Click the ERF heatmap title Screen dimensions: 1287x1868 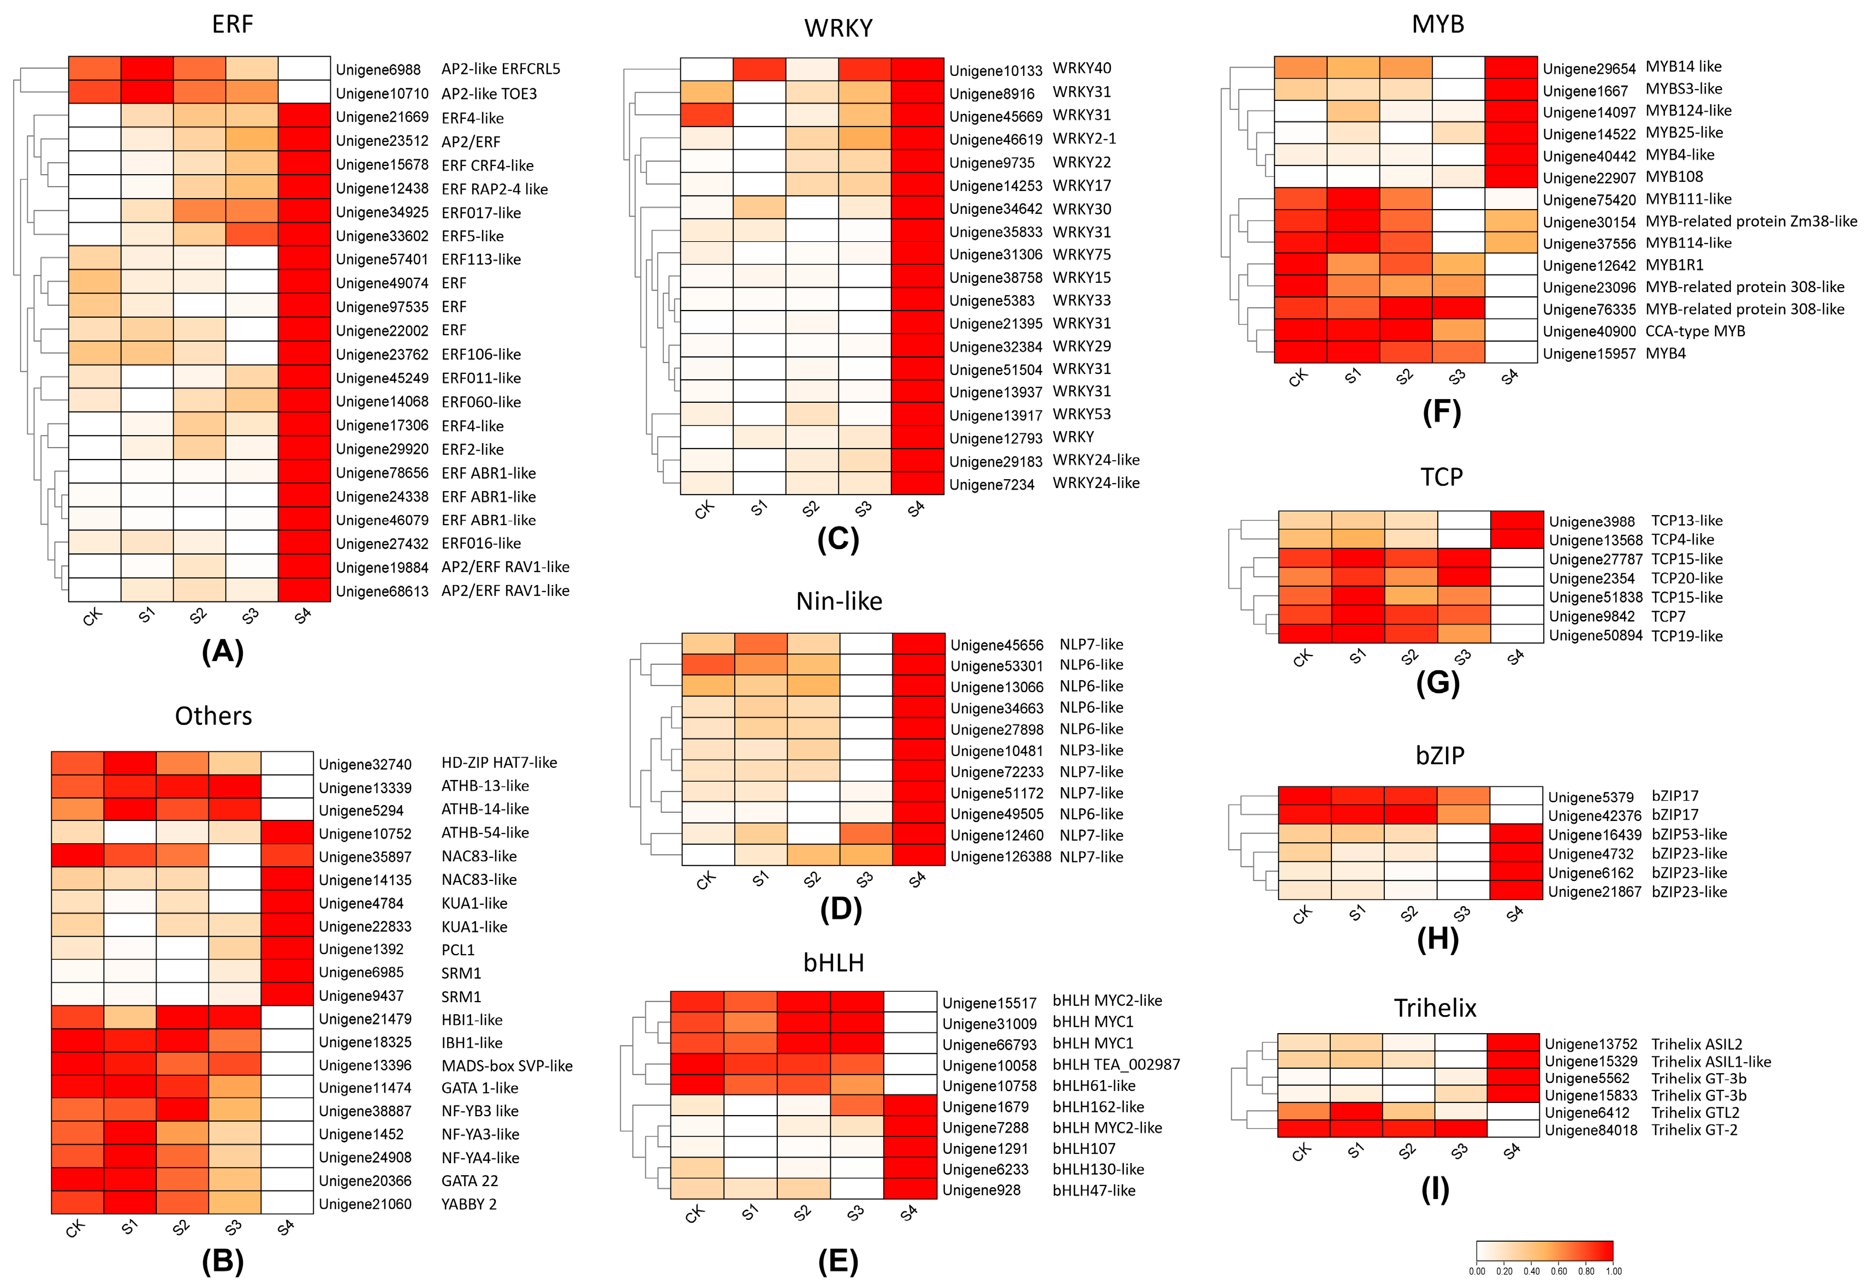click(233, 24)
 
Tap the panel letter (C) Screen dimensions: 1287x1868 click(838, 539)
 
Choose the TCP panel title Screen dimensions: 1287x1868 click(1441, 476)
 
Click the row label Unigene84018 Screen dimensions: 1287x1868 click(1591, 1130)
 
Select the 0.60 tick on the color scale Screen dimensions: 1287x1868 click(1558, 1272)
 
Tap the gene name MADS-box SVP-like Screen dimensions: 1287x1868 click(507, 1066)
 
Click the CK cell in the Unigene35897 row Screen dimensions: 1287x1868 click(78, 856)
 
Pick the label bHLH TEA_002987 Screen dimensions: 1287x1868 click(1115, 1064)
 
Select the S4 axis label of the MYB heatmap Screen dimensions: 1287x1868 click(1509, 377)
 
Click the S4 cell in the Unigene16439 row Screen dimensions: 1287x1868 click(1515, 834)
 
